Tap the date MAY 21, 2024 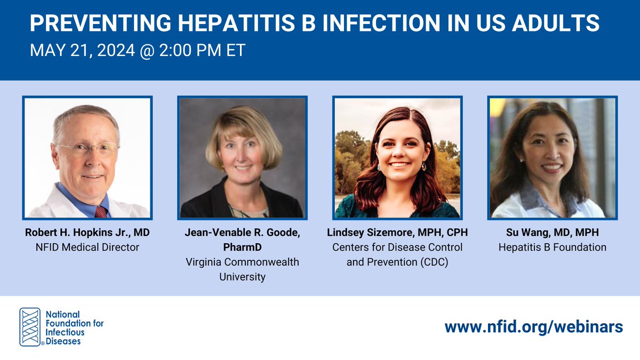click(x=80, y=51)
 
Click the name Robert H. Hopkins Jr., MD click(x=87, y=234)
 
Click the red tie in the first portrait click(x=100, y=211)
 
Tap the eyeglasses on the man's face click(x=88, y=149)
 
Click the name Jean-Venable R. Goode click(x=243, y=234)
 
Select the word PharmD click(x=243, y=248)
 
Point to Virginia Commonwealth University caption click(x=243, y=269)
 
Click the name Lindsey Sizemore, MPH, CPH click(x=397, y=234)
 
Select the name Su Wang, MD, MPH click(x=552, y=234)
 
